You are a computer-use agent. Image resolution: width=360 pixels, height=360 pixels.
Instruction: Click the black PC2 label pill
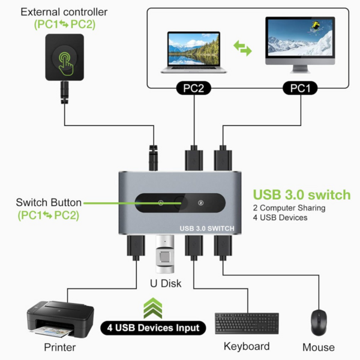tap(194, 88)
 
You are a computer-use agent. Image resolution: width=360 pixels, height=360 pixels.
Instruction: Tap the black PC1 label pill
tap(300, 88)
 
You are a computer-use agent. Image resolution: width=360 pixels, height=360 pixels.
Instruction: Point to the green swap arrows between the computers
tap(242, 49)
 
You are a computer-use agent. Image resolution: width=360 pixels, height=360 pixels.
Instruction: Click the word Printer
tap(60, 347)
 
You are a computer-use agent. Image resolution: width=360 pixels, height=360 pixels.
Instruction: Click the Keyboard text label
tap(246, 346)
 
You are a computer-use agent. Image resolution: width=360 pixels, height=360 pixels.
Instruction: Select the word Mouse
tap(319, 347)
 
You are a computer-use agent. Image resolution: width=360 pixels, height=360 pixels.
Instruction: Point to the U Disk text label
tap(164, 283)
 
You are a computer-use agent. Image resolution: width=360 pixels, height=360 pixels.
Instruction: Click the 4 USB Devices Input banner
tap(153, 328)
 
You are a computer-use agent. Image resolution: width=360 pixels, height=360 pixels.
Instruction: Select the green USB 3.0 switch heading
tap(301, 194)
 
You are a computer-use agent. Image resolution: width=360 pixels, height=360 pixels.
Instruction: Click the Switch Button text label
tap(48, 202)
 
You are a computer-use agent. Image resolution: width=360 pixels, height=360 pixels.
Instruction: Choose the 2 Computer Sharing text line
tap(289, 208)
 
